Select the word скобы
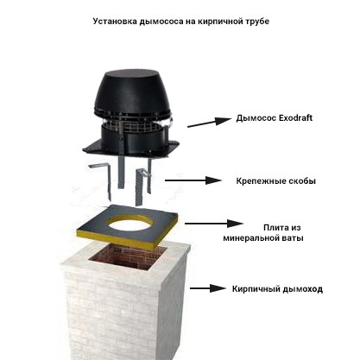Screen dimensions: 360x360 [301, 181]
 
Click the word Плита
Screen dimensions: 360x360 [275, 228]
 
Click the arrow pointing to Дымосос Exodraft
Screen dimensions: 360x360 [210, 123]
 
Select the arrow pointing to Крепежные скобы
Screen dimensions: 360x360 [193, 180]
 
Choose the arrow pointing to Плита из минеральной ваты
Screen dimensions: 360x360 [214, 224]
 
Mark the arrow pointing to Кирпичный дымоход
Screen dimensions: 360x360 [208, 288]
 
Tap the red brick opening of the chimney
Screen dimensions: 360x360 [128, 256]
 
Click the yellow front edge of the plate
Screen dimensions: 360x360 [115, 238]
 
